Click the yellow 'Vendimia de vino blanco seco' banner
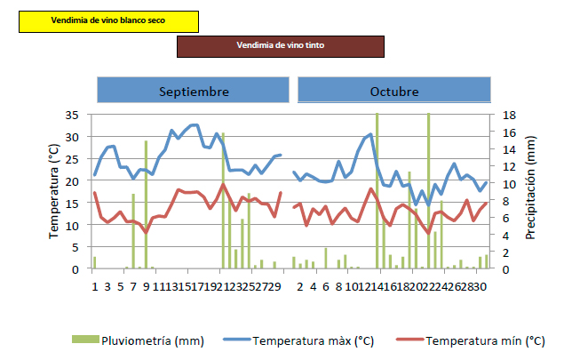[108, 20]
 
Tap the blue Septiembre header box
[194, 91]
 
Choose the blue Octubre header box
[393, 91]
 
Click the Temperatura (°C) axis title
[52, 192]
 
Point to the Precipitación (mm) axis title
[530, 188]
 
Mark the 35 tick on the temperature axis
[73, 116]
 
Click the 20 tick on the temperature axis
[73, 181]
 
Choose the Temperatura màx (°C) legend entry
[310, 340]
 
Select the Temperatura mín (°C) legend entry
[485, 340]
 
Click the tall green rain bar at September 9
[146, 204]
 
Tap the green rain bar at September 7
[133, 231]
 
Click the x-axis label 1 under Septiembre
[94, 286]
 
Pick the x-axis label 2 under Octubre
[300, 286]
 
